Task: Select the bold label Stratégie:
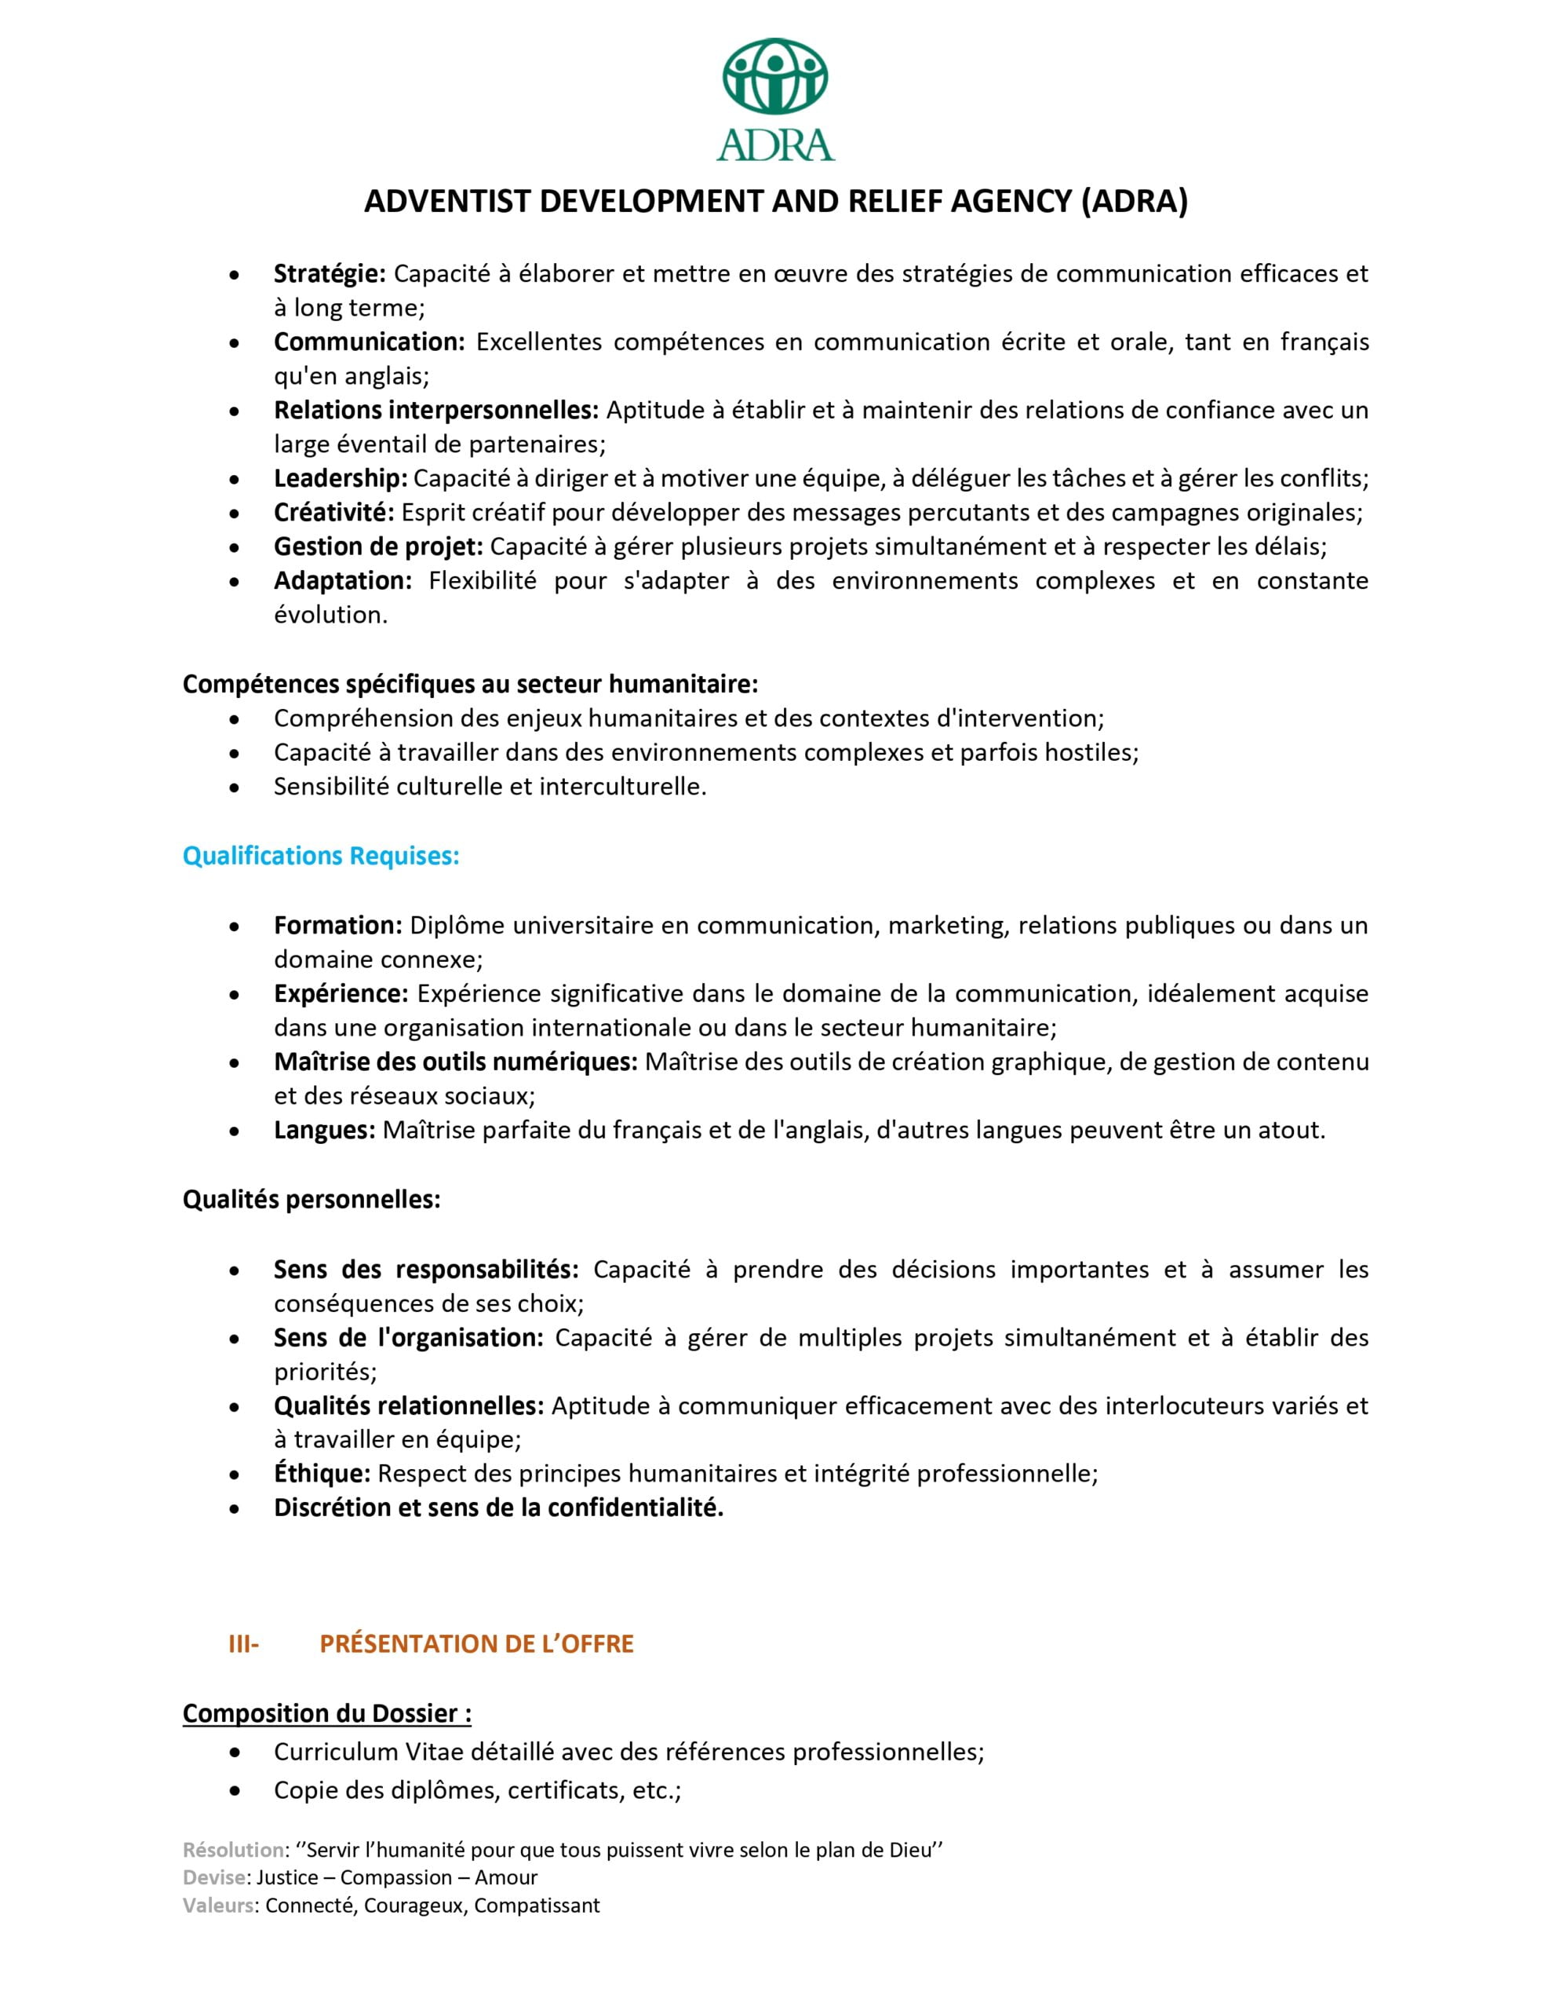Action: [x=330, y=273]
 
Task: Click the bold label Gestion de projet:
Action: [x=378, y=546]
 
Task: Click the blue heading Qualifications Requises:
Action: [x=321, y=856]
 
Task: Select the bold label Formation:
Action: [x=337, y=925]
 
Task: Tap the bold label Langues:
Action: [x=324, y=1130]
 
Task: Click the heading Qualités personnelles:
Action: [x=311, y=1199]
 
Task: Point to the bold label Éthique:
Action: [x=322, y=1474]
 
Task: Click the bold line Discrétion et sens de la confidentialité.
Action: [x=498, y=1507]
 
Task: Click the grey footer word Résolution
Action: [x=234, y=1850]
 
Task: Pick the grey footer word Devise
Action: [x=214, y=1877]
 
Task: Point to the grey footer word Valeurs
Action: [x=219, y=1905]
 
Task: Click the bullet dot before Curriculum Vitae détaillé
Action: [x=236, y=1752]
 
